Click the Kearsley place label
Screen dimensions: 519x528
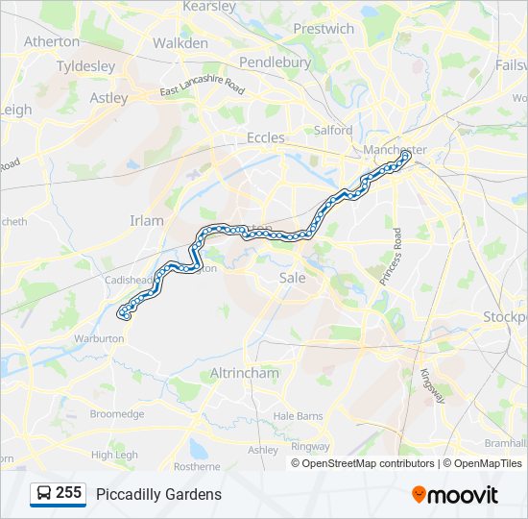coord(208,7)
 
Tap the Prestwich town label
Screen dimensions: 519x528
coord(324,29)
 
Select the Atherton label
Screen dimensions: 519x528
coord(52,41)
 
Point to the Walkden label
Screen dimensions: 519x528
coord(180,43)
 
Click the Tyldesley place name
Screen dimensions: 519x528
coord(85,66)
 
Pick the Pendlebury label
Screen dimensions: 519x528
coord(275,62)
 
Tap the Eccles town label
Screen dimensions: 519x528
coord(265,137)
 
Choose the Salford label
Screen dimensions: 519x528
coord(333,130)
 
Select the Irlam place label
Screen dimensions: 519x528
coord(147,220)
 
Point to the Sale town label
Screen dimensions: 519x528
coord(292,277)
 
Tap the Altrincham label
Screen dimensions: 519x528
coord(244,373)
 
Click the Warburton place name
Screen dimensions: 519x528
coord(98,338)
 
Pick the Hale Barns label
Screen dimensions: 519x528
coord(298,415)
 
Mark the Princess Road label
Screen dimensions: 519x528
coord(396,256)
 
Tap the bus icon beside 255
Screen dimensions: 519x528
coord(44,494)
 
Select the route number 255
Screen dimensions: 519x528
coord(68,493)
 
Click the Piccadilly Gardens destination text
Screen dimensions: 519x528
coord(158,494)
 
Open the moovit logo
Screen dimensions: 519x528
coord(455,494)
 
